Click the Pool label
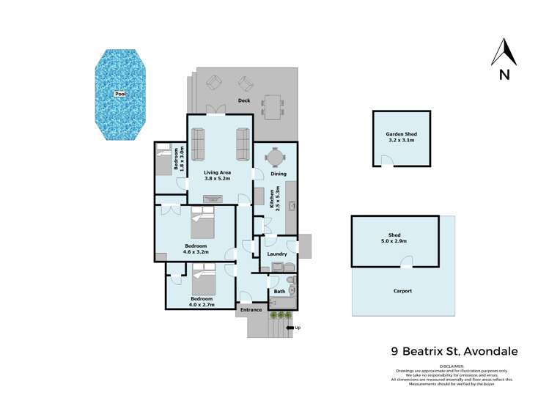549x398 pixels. pyautogui.click(x=121, y=95)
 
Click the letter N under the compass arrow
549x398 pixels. pyautogui.click(x=504, y=74)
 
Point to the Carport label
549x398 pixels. pyautogui.click(x=402, y=291)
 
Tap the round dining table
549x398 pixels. pyautogui.click(x=275, y=158)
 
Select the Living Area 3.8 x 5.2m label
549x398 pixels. pyautogui.click(x=217, y=174)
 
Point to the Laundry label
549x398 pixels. pyautogui.click(x=276, y=254)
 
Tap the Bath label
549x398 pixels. pyautogui.click(x=279, y=292)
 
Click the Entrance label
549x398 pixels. pyautogui.click(x=251, y=310)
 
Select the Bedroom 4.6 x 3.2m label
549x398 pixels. pyautogui.click(x=196, y=248)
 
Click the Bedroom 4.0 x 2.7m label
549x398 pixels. pyautogui.click(x=202, y=302)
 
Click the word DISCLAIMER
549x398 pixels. pyautogui.click(x=452, y=365)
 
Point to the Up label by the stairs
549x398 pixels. pyautogui.click(x=297, y=327)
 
